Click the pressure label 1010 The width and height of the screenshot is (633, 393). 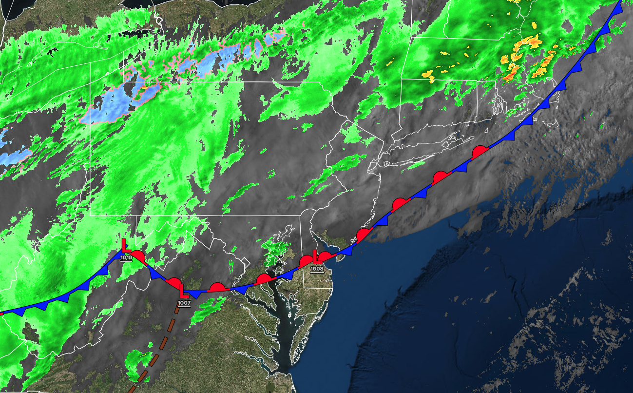coord(126,257)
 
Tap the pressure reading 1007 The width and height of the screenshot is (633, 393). coord(184,303)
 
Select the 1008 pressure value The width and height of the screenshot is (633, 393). coord(317,268)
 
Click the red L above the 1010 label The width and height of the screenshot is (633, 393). coord(125,245)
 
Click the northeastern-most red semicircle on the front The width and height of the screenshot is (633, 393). coord(480,151)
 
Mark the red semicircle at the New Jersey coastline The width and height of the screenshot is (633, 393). coord(363,235)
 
